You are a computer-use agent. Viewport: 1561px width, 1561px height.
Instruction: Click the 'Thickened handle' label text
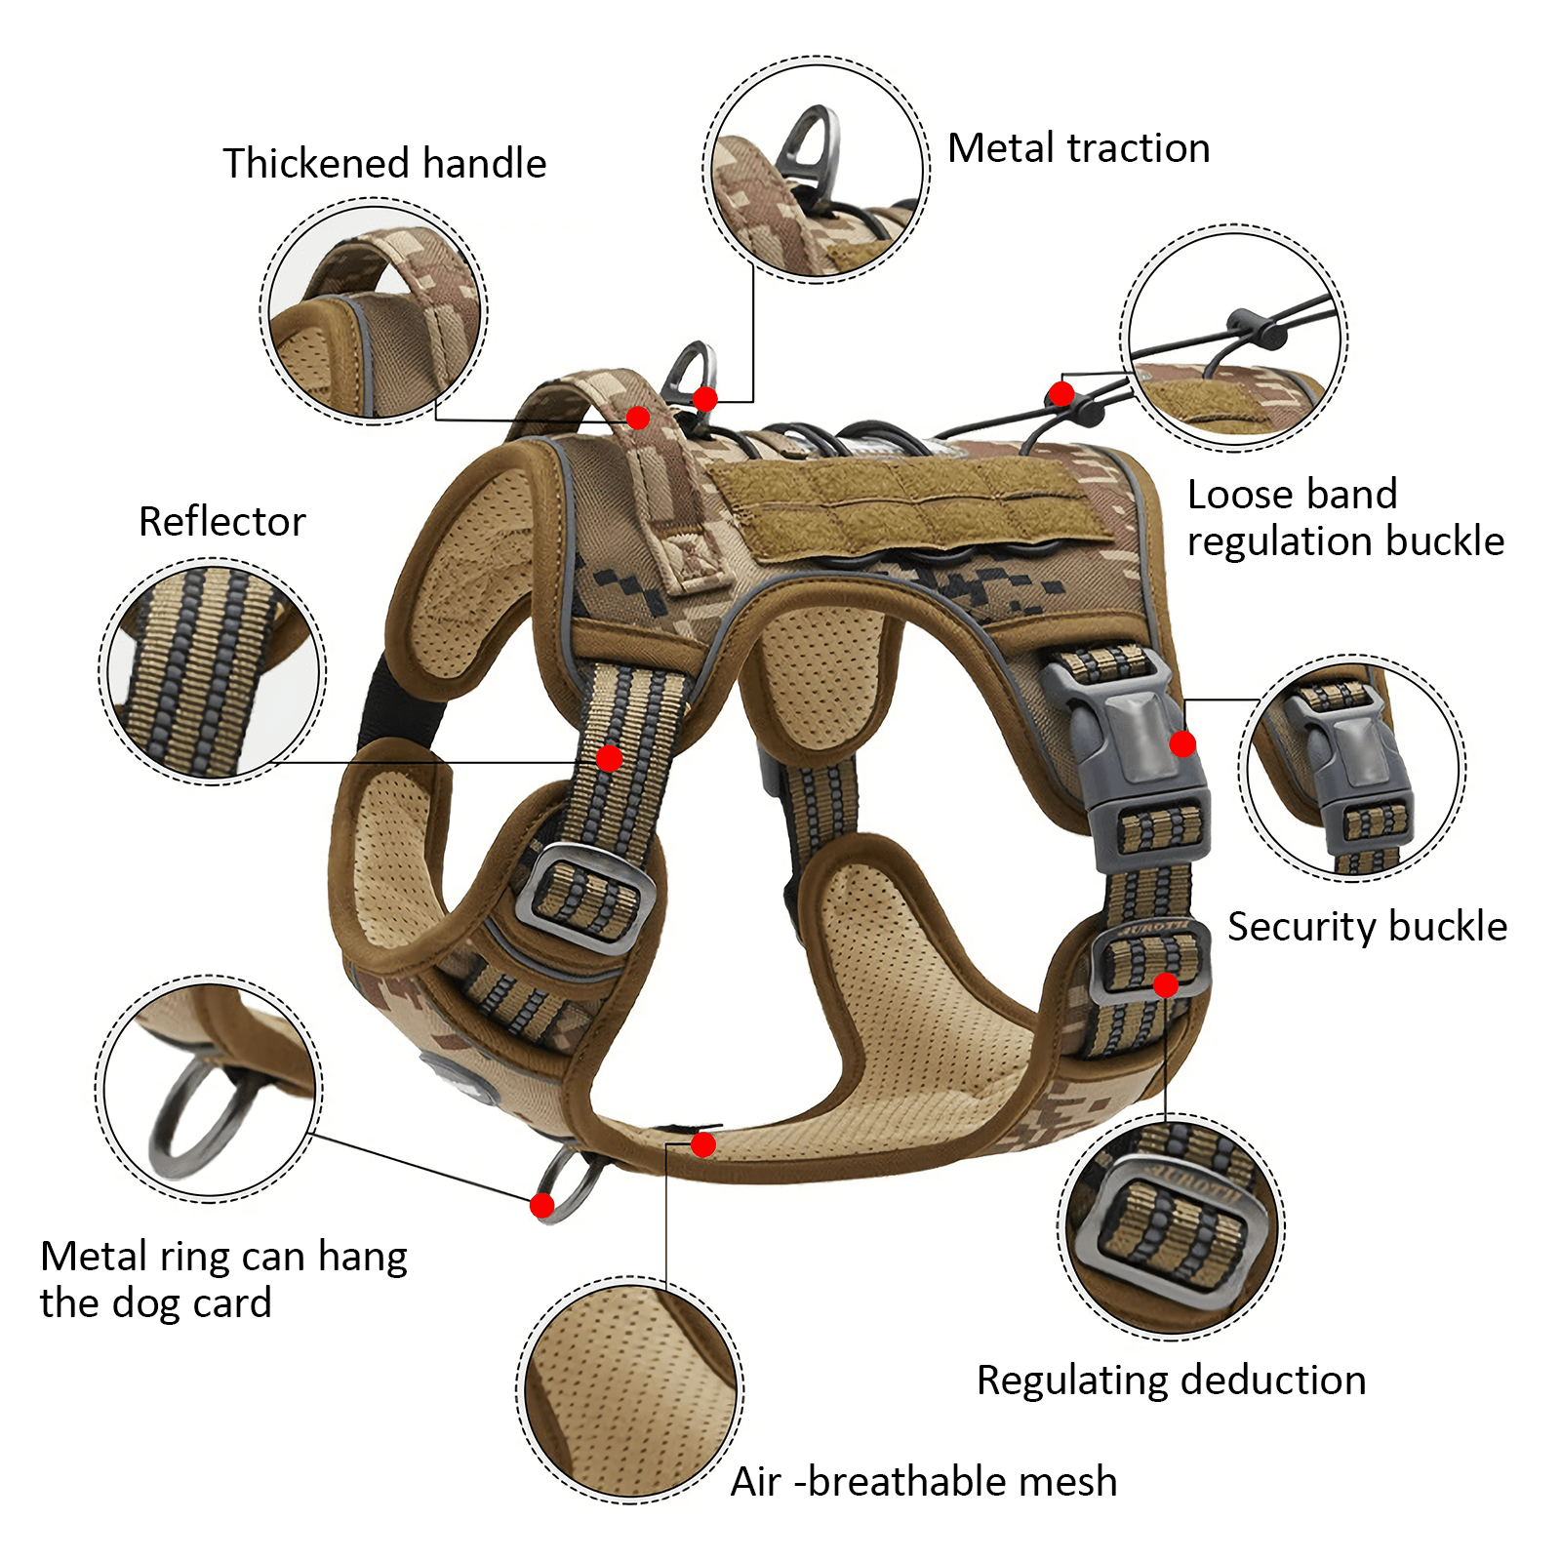(384, 164)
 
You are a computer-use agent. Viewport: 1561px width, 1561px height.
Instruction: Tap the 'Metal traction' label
(1078, 148)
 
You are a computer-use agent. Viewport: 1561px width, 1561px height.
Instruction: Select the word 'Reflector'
(221, 521)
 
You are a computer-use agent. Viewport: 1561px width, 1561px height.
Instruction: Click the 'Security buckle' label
(1366, 926)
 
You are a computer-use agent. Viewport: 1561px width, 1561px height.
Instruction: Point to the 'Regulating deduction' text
(1171, 1381)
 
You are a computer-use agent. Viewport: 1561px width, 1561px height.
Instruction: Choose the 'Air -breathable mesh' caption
(923, 1481)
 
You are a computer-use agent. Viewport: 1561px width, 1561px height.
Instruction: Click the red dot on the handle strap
(638, 419)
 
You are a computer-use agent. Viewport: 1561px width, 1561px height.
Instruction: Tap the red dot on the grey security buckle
(1182, 744)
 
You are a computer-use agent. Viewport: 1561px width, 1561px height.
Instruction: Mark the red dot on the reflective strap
(609, 758)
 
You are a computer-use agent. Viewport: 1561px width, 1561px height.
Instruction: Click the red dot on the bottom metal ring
(542, 1206)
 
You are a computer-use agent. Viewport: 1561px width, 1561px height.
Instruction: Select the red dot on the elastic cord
(1061, 394)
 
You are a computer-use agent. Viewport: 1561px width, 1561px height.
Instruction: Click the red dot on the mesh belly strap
(702, 1144)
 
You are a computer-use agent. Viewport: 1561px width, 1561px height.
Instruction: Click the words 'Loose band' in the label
(1292, 495)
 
